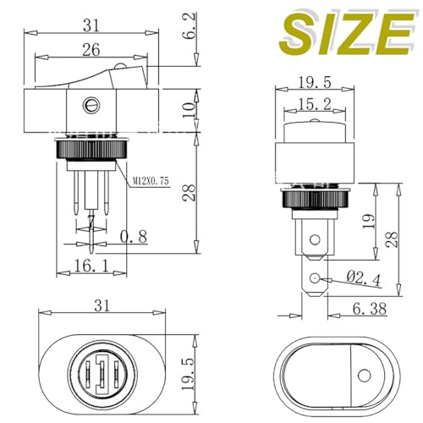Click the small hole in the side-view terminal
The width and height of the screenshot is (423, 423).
tap(316, 279)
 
